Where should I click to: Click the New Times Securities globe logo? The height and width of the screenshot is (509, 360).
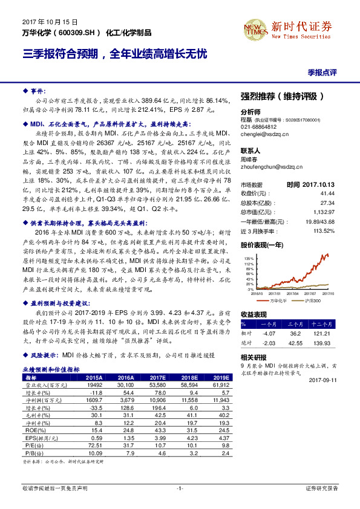256,28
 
